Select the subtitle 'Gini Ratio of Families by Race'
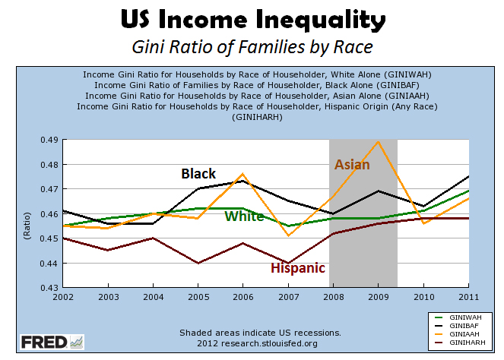tap(252, 47)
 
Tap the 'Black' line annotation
tap(198, 174)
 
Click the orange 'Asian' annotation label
tap(352, 165)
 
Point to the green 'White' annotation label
tap(244, 216)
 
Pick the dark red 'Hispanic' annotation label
tap(298, 268)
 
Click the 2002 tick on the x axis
tap(65, 296)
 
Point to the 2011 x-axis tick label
tap(468, 296)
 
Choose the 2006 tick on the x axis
tap(243, 296)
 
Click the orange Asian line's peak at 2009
tap(378, 142)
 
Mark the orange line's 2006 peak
tap(243, 174)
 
